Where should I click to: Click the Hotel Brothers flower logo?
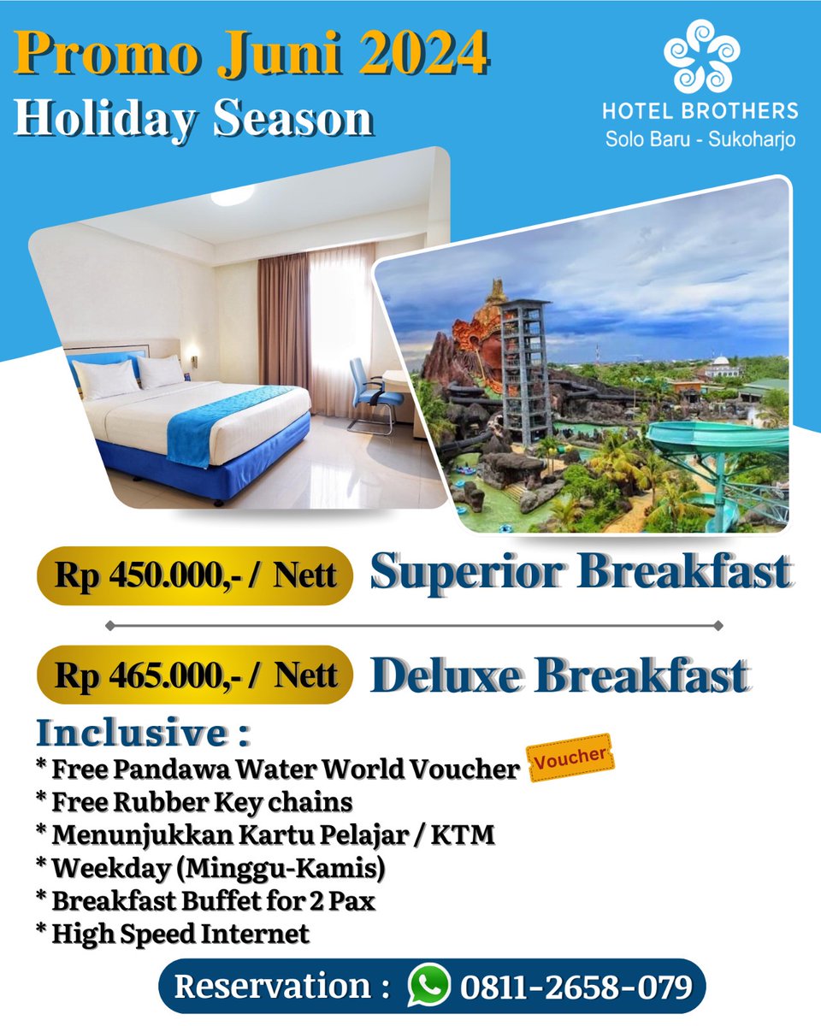tap(700, 56)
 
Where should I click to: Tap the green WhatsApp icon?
tap(428, 986)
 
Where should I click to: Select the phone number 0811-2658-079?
tap(576, 987)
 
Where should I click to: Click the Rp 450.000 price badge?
tap(195, 575)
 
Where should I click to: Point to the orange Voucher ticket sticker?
tap(571, 757)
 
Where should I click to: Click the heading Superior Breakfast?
tap(580, 572)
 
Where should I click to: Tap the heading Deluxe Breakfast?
tap(560, 675)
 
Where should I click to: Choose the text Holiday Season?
tap(193, 118)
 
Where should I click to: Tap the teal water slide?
tap(718, 445)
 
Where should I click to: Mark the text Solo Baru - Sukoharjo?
tap(700, 139)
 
